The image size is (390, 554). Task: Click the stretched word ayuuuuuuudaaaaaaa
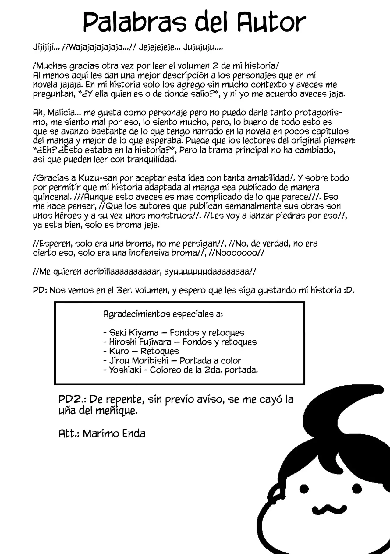(x=207, y=272)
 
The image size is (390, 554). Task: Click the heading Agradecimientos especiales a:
(x=163, y=314)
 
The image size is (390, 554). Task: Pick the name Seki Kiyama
(x=134, y=333)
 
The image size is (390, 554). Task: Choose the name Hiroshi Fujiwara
(x=140, y=342)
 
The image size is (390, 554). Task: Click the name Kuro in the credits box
(x=119, y=351)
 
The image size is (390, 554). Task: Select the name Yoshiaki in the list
(x=125, y=370)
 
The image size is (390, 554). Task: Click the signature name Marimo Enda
(x=114, y=433)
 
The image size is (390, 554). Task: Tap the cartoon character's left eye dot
(x=304, y=489)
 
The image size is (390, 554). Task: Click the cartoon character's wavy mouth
(x=329, y=508)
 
